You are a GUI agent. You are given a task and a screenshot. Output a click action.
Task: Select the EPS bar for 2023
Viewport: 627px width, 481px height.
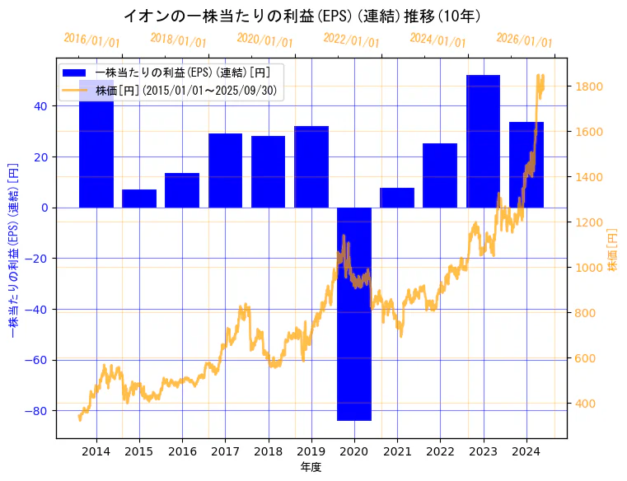[483, 141]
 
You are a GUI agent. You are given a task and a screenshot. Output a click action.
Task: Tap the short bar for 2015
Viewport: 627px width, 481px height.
[139, 198]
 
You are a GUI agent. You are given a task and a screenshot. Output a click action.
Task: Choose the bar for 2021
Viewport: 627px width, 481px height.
[397, 198]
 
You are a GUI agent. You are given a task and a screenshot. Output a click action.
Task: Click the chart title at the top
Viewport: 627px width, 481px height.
[302, 16]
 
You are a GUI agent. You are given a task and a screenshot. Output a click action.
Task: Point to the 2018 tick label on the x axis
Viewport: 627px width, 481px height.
[268, 451]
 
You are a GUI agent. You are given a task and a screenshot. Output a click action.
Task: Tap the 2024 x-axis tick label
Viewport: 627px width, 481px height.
[526, 451]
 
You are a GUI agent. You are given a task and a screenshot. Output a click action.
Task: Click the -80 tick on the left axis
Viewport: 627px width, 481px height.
[38, 411]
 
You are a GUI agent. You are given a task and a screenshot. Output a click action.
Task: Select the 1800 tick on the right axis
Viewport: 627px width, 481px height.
[590, 86]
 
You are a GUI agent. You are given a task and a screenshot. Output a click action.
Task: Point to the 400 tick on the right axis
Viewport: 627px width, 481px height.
[587, 404]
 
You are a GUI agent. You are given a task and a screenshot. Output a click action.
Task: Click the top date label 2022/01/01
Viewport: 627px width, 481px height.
[351, 40]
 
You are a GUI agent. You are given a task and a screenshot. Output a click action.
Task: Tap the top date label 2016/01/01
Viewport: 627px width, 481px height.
[91, 40]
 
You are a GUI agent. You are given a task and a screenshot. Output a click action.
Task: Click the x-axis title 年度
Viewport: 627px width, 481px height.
[311, 467]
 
